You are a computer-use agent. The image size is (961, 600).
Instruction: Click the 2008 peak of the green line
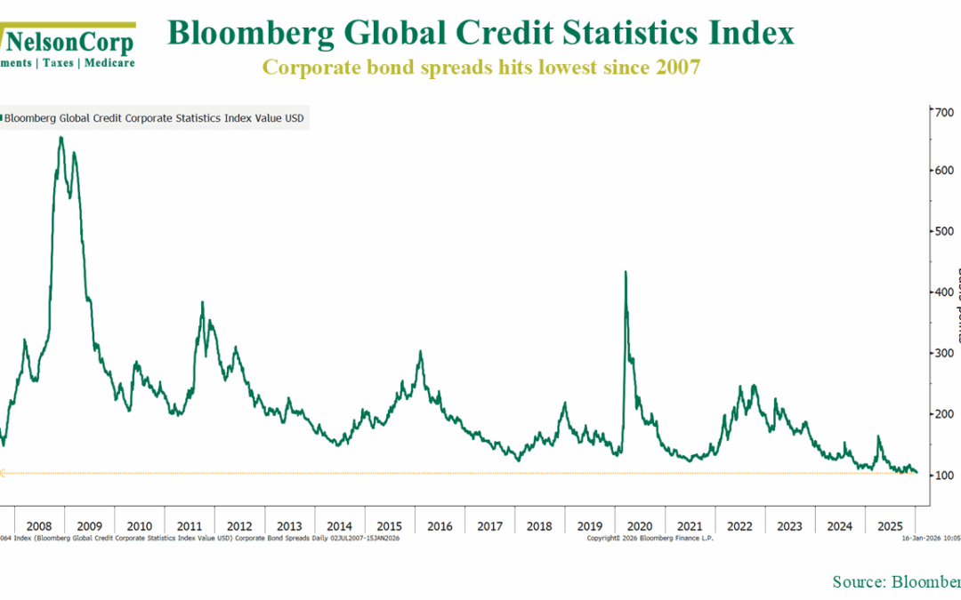click(x=61, y=138)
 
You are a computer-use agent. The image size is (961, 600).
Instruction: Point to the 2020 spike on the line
click(x=626, y=273)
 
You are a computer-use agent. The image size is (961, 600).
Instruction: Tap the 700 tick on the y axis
click(x=937, y=111)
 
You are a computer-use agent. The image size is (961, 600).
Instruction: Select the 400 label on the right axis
click(x=937, y=292)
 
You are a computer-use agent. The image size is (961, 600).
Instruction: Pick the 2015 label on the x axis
click(x=389, y=525)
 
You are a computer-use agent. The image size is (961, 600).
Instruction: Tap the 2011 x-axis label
click(x=190, y=525)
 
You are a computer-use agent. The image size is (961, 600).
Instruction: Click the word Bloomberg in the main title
click(x=245, y=34)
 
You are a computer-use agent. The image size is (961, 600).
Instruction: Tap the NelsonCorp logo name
click(x=69, y=42)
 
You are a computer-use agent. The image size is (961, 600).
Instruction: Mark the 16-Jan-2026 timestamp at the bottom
click(x=925, y=538)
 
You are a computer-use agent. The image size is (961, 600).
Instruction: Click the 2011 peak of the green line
click(x=203, y=303)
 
